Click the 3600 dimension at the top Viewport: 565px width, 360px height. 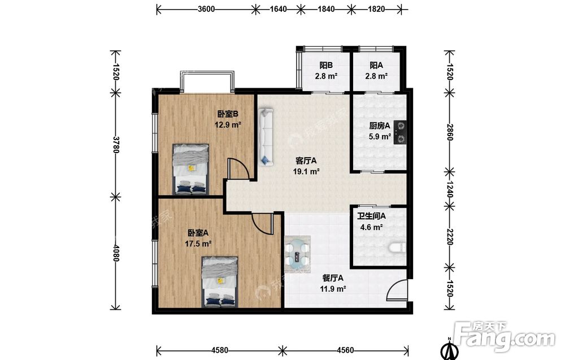[x=206, y=9]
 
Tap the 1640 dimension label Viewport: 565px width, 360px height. [x=278, y=9]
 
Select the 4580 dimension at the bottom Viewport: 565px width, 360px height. [x=220, y=350]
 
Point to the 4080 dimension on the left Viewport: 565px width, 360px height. [x=116, y=253]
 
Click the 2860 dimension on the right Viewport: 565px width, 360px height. [x=449, y=132]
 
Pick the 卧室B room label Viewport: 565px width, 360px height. [x=228, y=114]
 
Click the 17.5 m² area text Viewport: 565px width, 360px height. [x=198, y=244]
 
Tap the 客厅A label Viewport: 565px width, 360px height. [x=306, y=161]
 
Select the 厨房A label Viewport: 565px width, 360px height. [x=380, y=126]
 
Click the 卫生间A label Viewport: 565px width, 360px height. [x=372, y=216]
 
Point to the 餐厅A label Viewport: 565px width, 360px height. [x=333, y=278]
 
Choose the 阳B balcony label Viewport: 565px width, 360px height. [x=326, y=65]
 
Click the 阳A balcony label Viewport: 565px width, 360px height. [x=376, y=65]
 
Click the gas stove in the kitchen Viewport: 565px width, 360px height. [x=401, y=132]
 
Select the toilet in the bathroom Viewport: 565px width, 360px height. [x=397, y=248]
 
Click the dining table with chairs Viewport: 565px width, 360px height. [x=298, y=255]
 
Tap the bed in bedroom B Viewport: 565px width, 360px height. [x=190, y=169]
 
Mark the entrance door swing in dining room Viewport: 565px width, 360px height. [x=397, y=290]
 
